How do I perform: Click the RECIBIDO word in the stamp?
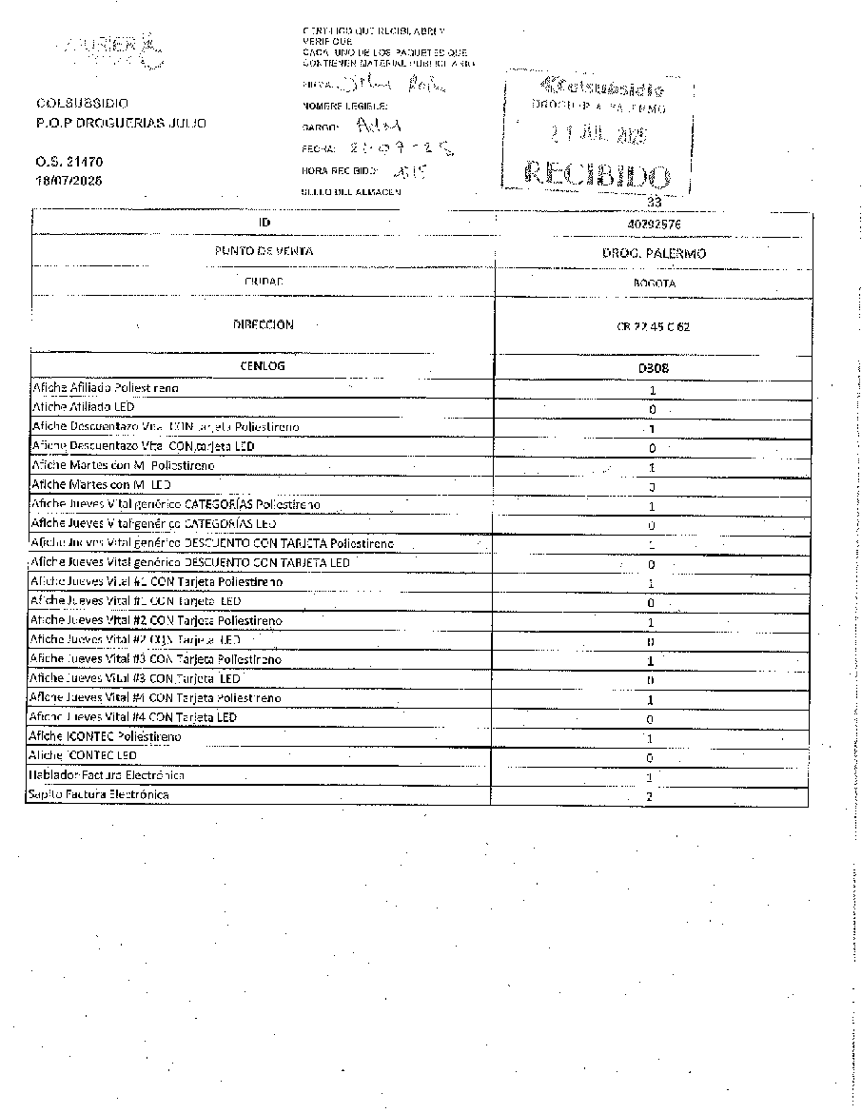tap(598, 176)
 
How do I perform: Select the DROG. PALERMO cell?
tap(653, 254)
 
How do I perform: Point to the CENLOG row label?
tap(264, 365)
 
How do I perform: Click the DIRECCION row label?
tap(264, 324)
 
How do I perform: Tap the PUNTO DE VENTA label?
tap(264, 251)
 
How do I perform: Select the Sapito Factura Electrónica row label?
tap(99, 793)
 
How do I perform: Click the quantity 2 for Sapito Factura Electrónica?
tap(649, 796)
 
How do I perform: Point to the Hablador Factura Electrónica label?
tap(106, 775)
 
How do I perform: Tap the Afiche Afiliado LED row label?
tap(83, 407)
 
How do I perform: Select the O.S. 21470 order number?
tap(69, 162)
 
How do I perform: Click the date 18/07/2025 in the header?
tap(69, 180)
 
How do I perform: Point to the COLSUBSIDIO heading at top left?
tap(82, 103)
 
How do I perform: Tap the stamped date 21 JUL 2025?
tap(598, 135)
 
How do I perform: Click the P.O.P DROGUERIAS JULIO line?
tap(120, 123)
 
